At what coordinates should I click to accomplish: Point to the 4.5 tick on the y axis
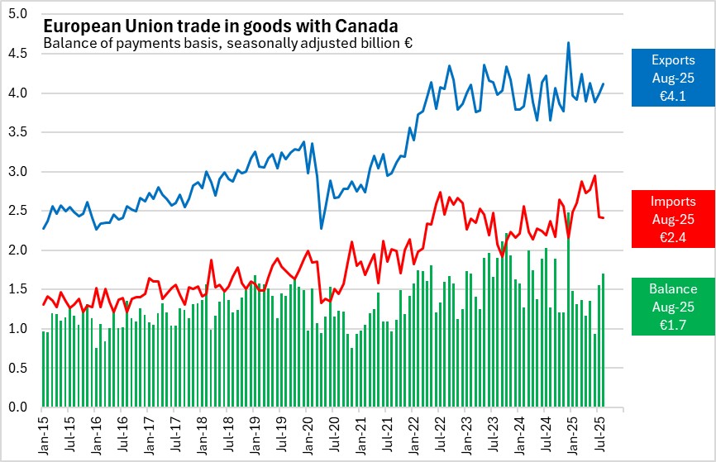(17, 54)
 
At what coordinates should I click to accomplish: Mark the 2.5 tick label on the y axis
(17, 211)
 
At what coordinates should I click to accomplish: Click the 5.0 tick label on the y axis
(17, 15)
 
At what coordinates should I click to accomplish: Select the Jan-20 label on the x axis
(307, 435)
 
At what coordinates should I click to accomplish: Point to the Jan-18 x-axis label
(201, 435)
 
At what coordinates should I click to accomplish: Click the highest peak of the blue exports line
(568, 43)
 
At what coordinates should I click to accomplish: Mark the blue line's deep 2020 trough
(322, 228)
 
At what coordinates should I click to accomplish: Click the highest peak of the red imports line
(594, 175)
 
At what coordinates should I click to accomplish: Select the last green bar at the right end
(604, 341)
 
